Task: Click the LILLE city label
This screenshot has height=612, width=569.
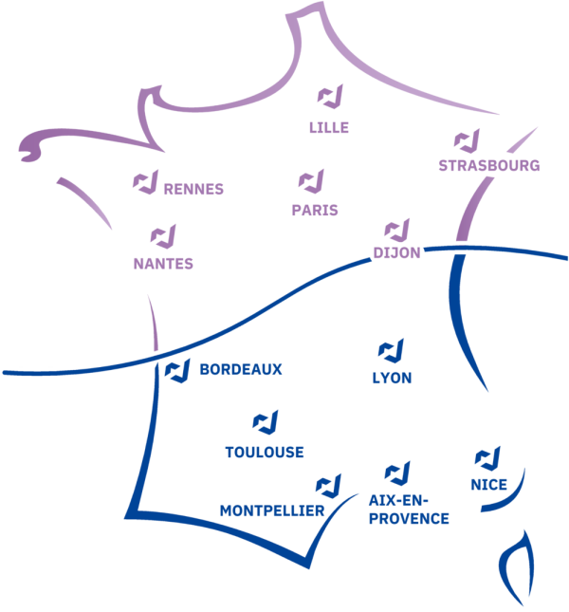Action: pos(329,127)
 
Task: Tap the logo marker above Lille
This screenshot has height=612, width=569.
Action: pos(330,97)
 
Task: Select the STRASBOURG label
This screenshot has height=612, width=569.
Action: pos(488,165)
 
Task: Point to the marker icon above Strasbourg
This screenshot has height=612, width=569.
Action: pos(466,141)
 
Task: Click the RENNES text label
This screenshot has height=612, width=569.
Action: pos(193,189)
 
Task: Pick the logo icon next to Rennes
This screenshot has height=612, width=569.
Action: pos(144,182)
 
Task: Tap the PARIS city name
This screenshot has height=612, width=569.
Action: pos(315,211)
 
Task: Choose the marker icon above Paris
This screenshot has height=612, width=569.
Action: pos(311,180)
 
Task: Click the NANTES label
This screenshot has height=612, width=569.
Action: pos(163,264)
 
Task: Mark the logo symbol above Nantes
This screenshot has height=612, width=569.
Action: pos(162,235)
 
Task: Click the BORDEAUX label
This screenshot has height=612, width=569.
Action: pos(241,370)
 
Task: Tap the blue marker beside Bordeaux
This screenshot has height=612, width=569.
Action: pos(176,372)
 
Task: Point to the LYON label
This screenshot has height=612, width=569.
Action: pos(393,378)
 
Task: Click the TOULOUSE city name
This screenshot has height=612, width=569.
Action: pos(265,453)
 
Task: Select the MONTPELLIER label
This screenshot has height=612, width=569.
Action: pos(272,510)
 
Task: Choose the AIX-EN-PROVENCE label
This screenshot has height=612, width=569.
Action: pos(410,510)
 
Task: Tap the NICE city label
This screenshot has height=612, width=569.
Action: pos(488,486)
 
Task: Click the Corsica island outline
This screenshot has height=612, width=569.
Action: pos(515,569)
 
